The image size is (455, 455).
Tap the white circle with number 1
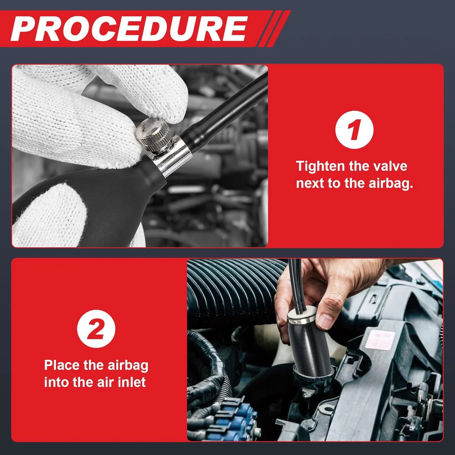[x=354, y=130]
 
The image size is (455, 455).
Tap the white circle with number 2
[x=96, y=329]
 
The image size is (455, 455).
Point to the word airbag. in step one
[x=391, y=184]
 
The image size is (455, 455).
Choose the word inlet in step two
[x=132, y=382]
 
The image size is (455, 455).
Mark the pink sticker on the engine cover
[x=380, y=339]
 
